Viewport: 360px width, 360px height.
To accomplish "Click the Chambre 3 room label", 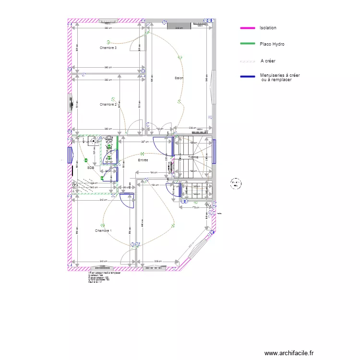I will [x=108, y=48].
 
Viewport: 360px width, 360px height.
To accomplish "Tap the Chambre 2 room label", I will [x=108, y=104].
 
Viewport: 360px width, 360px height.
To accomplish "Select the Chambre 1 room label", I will [x=103, y=231].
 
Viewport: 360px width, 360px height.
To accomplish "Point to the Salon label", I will [x=179, y=78].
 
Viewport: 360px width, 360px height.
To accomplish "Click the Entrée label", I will [x=143, y=160].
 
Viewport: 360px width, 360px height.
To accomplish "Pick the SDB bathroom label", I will [x=90, y=168].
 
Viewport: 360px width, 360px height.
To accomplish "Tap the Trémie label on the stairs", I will [x=193, y=157].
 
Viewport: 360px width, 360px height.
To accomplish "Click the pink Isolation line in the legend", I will [x=248, y=28].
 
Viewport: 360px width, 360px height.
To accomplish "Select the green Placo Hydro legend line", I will [x=248, y=44].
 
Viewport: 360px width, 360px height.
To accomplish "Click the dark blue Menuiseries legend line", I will [x=248, y=76].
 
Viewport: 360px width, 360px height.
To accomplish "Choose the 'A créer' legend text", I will [x=268, y=61].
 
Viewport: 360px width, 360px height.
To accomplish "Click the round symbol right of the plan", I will [x=236, y=183].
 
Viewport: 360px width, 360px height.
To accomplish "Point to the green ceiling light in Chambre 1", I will [x=102, y=225].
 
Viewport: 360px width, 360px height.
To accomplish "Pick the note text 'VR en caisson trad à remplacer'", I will [x=105, y=273].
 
